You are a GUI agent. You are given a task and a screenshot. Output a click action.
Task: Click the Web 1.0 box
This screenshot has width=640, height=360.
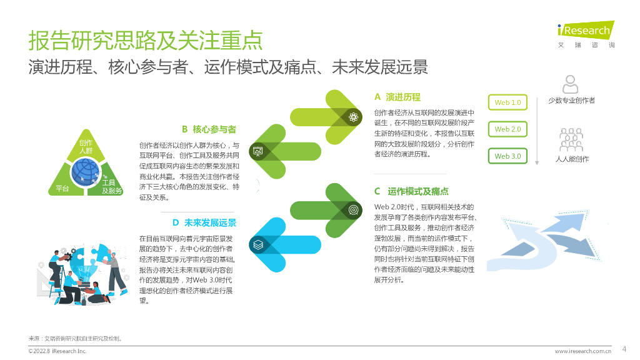click(507, 102)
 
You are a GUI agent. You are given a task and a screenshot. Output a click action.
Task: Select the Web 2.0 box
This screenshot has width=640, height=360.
click(507, 129)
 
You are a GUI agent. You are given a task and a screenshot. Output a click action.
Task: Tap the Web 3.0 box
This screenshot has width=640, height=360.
click(507, 156)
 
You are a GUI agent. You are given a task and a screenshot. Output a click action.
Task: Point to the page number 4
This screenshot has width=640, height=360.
click(624, 349)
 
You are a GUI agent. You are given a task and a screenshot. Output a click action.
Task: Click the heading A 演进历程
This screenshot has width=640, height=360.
click(397, 97)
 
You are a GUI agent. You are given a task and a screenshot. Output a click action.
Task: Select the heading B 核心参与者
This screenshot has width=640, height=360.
click(209, 129)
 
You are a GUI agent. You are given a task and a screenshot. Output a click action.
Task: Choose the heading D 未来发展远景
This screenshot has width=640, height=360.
click(204, 222)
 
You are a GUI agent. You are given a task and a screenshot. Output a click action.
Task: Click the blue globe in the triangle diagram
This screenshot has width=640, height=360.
click(85, 170)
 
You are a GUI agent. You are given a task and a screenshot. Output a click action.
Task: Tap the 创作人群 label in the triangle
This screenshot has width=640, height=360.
click(86, 147)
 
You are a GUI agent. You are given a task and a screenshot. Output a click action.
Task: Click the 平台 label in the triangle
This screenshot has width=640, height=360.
click(62, 189)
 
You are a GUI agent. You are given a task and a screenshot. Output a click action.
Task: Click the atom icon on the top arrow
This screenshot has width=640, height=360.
click(353, 116)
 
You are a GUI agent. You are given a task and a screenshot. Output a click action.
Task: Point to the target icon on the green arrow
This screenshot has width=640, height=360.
click(353, 210)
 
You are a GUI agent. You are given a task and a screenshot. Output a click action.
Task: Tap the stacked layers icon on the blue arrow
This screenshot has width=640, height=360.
click(258, 245)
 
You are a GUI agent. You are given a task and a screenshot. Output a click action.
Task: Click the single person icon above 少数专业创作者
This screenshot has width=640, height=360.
click(570, 84)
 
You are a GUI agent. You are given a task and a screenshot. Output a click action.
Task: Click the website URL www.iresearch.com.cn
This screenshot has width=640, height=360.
click(582, 351)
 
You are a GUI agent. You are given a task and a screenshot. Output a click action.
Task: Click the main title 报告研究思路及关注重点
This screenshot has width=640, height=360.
click(146, 41)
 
